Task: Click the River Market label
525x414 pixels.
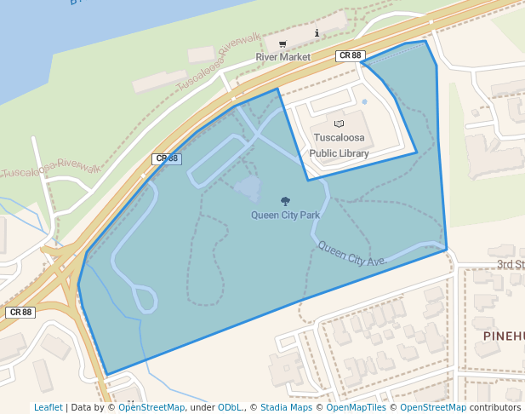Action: coord(283,57)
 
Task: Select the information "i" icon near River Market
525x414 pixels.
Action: coord(317,33)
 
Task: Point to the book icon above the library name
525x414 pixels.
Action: coord(339,124)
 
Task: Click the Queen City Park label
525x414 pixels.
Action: coord(285,215)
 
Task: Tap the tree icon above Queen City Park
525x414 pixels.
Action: coord(285,202)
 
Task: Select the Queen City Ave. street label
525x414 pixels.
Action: coord(352,254)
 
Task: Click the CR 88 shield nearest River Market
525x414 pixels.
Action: coord(351,55)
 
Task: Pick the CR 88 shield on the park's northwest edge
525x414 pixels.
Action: coord(166,158)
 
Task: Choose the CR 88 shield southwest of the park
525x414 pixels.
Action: coord(20,313)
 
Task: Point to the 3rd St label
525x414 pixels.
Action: coord(511,265)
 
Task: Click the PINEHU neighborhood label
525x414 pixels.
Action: coord(503,336)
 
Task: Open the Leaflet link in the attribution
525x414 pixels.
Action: coord(48,408)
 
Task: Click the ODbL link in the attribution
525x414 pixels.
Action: coord(231,408)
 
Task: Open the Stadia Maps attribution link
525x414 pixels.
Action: coord(286,408)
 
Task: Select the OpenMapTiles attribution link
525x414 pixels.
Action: coord(353,408)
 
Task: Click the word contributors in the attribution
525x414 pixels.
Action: coord(495,408)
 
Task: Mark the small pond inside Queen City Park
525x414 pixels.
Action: coord(248,189)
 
